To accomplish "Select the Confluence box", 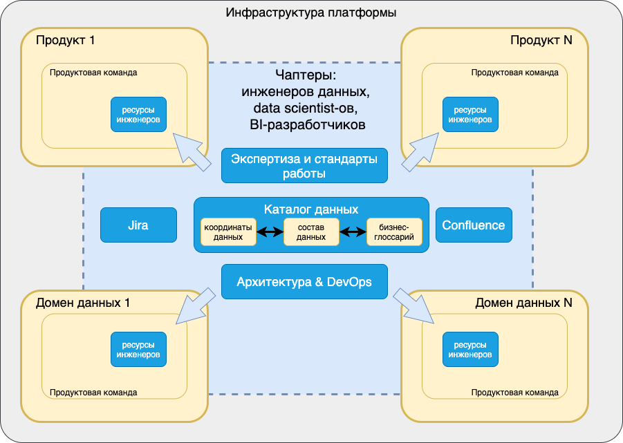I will [474, 225].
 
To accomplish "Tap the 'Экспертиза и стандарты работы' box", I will [304, 166].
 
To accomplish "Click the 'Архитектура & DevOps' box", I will [304, 282].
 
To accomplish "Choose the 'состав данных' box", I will [311, 232].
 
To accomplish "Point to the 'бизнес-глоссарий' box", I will [394, 232].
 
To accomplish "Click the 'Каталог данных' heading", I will [311, 208].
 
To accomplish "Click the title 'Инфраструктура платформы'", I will [311, 13].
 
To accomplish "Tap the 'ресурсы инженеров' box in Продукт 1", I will [138, 114].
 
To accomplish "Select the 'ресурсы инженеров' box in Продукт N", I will [470, 114].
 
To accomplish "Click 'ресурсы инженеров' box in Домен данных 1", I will [138, 349].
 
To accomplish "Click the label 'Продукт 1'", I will [66, 40].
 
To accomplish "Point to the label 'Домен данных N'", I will [524, 303].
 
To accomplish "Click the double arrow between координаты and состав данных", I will [270, 232].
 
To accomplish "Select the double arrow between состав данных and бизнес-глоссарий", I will [353, 232].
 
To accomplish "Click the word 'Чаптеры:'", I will [305, 75].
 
